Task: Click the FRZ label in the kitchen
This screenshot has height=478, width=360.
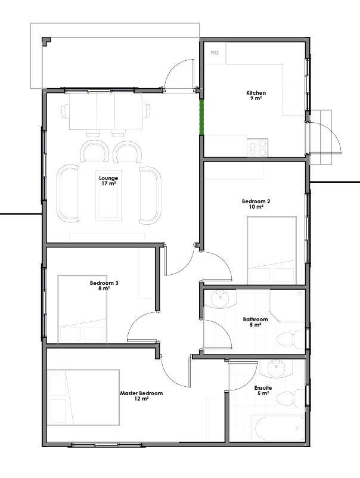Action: (x=215, y=53)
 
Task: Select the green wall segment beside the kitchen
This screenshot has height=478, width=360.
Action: (x=201, y=117)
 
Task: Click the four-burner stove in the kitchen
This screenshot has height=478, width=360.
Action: (x=257, y=148)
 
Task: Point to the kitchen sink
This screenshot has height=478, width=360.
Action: (x=293, y=95)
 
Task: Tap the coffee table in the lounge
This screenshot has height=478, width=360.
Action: (x=108, y=195)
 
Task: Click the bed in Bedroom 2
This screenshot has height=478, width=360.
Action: (x=272, y=250)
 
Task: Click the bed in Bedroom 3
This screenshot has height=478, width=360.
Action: (x=82, y=309)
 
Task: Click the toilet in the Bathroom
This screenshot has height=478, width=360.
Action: (x=290, y=339)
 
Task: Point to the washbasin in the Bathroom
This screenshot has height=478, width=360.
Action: (x=220, y=299)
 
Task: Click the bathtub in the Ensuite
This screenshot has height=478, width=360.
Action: (x=279, y=428)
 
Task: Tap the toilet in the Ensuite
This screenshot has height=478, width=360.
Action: (x=290, y=399)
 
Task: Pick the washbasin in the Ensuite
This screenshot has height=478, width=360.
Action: (x=276, y=368)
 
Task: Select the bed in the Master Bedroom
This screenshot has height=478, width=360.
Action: (x=83, y=398)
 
